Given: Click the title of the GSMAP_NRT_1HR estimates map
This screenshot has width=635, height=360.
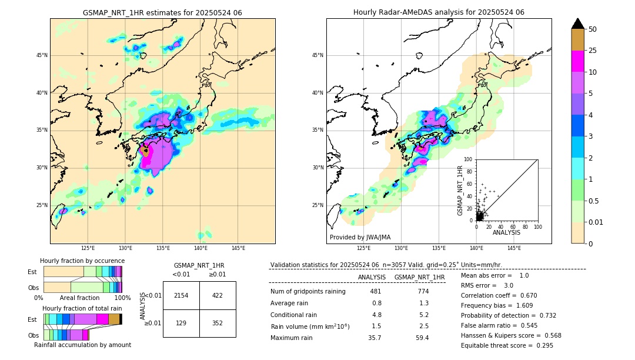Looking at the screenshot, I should (x=162, y=12).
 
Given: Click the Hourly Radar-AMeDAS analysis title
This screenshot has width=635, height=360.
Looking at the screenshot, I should (x=439, y=12).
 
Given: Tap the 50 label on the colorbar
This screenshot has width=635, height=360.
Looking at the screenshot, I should (x=593, y=29).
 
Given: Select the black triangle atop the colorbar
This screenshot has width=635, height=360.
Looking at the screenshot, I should (x=578, y=24).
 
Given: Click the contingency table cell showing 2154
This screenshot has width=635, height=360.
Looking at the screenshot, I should (x=181, y=295).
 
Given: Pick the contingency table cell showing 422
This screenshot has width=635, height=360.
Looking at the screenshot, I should (x=218, y=295).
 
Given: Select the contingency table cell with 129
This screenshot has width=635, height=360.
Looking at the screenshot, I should (x=181, y=323).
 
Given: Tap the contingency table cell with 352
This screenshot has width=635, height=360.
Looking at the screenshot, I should (x=218, y=323).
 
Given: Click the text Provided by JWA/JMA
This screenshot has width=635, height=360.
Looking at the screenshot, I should (x=360, y=237).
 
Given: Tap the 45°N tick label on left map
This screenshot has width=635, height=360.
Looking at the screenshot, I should (x=42, y=55).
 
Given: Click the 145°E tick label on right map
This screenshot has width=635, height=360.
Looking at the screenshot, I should (x=514, y=248).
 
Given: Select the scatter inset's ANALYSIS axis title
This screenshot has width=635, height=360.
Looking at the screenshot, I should (x=506, y=232).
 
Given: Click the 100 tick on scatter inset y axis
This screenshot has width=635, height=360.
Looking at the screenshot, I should (x=469, y=159).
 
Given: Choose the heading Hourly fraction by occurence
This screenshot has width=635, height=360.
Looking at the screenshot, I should (x=82, y=261).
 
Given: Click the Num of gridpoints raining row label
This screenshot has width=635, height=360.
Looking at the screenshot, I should (x=308, y=291).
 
